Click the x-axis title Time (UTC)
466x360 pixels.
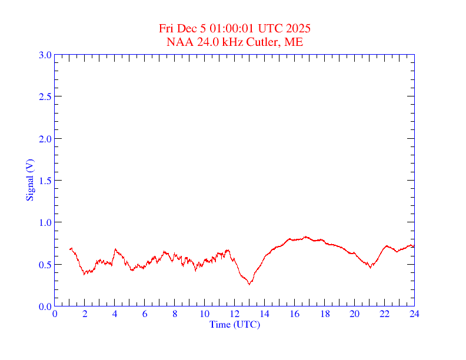tap(234, 324)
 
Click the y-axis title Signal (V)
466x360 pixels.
tap(29, 180)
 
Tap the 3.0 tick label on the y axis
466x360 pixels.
tap(45, 55)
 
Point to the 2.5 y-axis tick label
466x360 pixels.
tap(45, 96)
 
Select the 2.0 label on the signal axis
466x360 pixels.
tap(45, 139)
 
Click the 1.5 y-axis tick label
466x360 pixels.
tap(45, 181)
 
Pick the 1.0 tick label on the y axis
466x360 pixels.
tap(45, 222)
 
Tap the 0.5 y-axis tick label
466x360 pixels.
tap(45, 265)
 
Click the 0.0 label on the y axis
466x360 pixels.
tap(45, 306)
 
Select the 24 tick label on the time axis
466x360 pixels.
tap(414, 314)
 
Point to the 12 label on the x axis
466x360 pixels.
tap(234, 314)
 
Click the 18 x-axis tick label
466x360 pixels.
tap(324, 314)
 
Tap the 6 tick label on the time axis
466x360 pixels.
tap(145, 314)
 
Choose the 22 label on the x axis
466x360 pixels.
tap(384, 314)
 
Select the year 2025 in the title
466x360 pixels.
tap(298, 28)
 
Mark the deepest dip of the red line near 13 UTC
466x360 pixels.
tap(249, 284)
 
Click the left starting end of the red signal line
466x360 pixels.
tap(70, 249)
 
